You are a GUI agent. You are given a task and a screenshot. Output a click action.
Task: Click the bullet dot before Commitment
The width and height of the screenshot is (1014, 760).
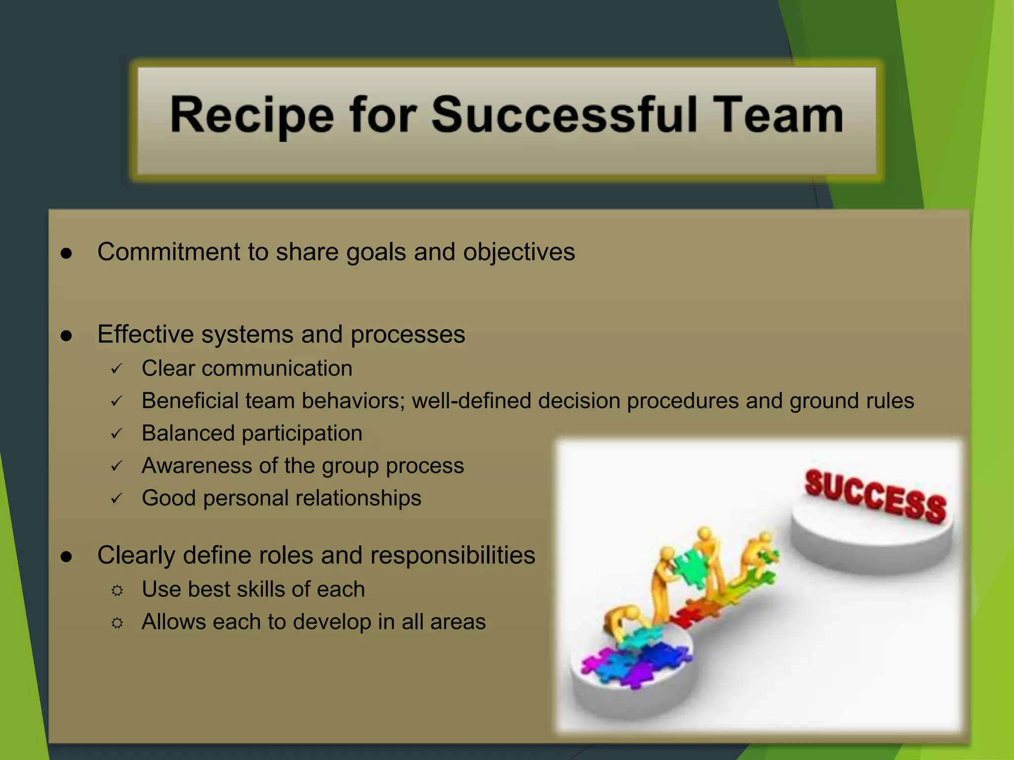coord(66,253)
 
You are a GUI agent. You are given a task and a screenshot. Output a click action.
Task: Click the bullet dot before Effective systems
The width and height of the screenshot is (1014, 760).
coord(66,336)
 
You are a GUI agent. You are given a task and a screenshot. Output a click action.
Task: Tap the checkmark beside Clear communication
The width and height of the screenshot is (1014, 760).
coord(116,369)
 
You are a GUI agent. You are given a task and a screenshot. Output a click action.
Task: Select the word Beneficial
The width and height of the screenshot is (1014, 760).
coord(190,401)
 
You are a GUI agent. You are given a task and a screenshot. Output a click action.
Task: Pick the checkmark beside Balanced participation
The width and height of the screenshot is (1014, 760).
coord(116,434)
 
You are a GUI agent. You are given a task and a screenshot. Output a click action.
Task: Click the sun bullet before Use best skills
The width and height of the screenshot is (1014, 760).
coord(117,590)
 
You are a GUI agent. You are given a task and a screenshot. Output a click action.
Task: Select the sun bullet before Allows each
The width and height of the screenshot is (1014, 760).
coord(117,623)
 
